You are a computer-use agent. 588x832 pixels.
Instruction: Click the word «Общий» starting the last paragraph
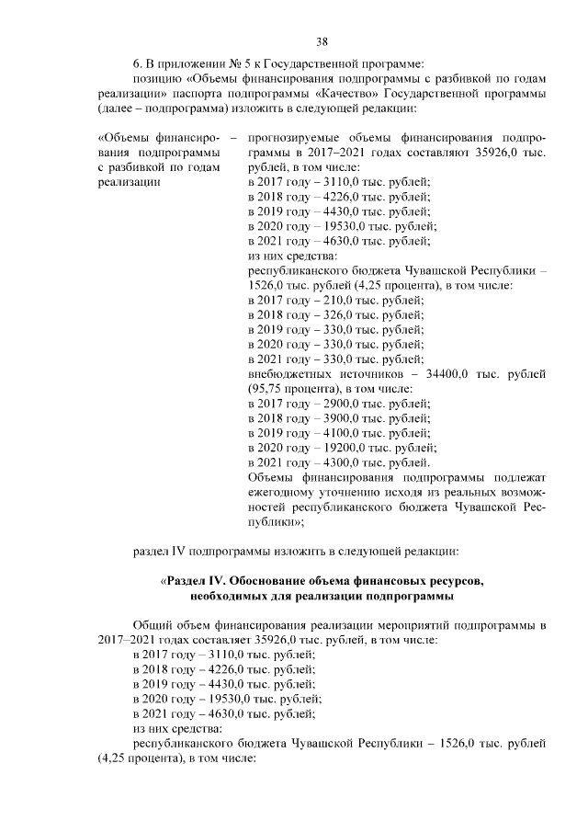[x=153, y=626]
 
